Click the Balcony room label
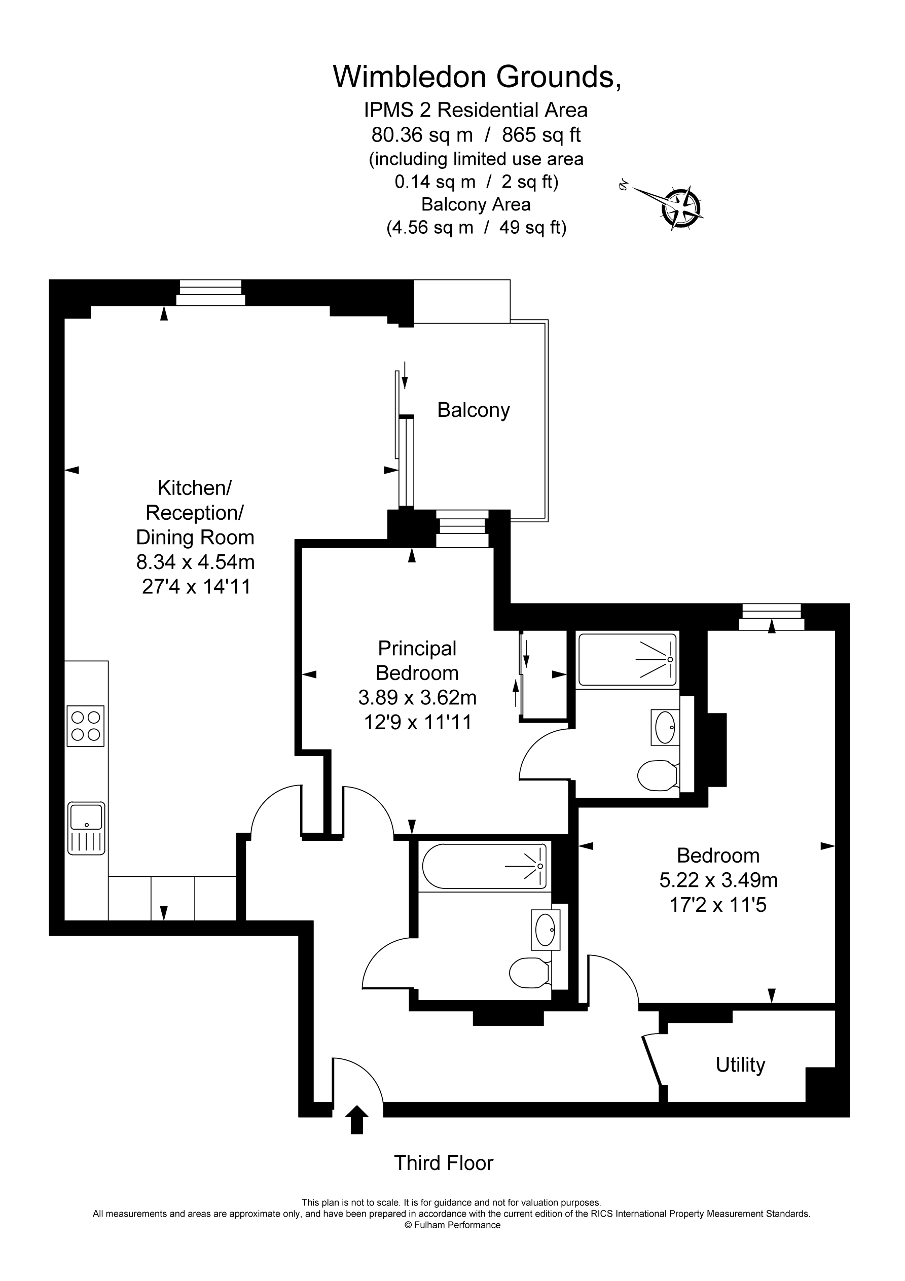(x=473, y=410)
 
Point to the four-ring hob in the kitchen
(x=85, y=725)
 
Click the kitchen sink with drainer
(x=86, y=828)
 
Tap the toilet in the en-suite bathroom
(x=657, y=775)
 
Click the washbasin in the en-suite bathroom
(x=665, y=727)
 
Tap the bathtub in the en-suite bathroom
(x=628, y=659)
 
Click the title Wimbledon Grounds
(x=477, y=77)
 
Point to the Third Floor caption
(x=444, y=1163)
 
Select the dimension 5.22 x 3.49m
(x=718, y=880)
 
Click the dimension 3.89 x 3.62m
(x=417, y=697)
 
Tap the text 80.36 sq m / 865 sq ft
(x=476, y=135)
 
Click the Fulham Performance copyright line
(x=452, y=1225)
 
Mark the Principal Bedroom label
(x=417, y=661)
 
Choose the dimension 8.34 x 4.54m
(x=195, y=562)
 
